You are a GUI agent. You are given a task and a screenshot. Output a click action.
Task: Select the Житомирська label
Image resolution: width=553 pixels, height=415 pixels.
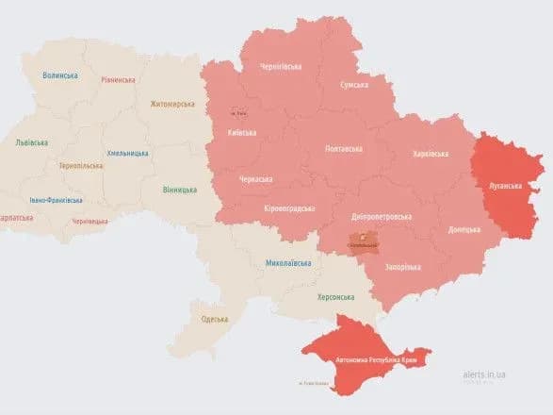(x=171, y=105)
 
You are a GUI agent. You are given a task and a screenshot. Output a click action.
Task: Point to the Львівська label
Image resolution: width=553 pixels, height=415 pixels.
(x=32, y=142)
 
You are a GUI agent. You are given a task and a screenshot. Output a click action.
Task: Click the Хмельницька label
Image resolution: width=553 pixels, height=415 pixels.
(x=126, y=153)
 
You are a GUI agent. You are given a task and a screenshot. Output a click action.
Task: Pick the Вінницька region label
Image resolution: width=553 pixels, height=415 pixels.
(x=178, y=190)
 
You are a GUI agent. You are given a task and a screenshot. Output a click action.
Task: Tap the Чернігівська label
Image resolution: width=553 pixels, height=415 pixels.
(x=282, y=67)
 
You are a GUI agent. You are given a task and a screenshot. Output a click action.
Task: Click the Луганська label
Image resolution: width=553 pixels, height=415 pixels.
(x=505, y=186)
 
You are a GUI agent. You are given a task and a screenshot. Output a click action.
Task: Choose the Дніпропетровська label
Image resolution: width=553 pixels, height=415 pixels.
(x=381, y=216)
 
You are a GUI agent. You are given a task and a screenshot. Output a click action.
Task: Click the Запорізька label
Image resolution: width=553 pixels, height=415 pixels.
(x=402, y=267)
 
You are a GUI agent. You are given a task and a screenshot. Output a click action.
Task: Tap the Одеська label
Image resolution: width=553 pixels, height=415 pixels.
(x=215, y=319)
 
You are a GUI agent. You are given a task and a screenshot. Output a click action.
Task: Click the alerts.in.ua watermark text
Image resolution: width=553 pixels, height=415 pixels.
(x=484, y=374)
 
